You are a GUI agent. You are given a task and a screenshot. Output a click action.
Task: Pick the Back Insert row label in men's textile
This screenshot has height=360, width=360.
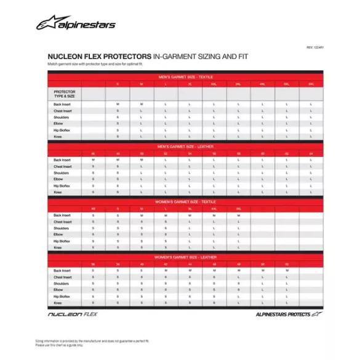coord(62,105)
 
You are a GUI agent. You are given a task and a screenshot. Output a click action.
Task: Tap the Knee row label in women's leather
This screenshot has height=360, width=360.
coord(58,303)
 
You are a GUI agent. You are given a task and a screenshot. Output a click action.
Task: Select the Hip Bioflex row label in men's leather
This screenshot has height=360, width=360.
coord(63,186)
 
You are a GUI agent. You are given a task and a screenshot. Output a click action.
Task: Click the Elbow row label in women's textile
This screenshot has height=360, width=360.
coord(59,234)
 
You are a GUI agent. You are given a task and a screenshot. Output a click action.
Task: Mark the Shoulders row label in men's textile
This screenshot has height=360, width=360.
coord(62,117)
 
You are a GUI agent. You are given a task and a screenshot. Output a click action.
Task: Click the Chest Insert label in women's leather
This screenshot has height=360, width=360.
coord(63,277)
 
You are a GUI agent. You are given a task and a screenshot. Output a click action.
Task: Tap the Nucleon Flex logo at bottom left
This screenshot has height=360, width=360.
coord(73,314)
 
